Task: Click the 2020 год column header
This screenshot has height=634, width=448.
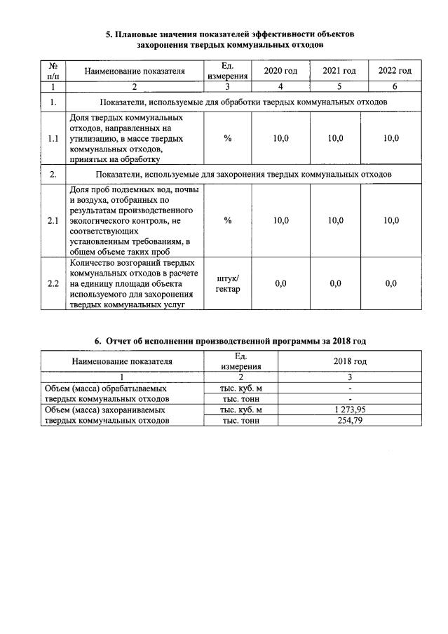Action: [x=280, y=72]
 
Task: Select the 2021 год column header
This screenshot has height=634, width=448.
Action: [x=339, y=72]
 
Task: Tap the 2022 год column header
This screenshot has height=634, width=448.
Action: [x=395, y=72]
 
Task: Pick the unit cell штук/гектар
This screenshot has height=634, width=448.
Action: [x=228, y=284]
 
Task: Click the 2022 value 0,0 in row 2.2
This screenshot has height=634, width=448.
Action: [x=391, y=284]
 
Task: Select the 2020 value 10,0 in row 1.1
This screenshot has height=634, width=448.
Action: [x=280, y=139]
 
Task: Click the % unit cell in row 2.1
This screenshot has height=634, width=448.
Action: [x=228, y=221]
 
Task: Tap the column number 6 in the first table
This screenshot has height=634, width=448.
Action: [x=395, y=86]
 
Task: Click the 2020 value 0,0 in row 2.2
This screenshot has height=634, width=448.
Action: [x=280, y=284]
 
